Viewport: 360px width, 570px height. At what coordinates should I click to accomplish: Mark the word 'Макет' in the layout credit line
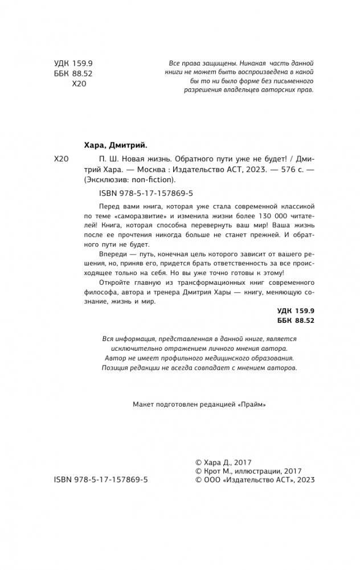[x=142, y=403]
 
